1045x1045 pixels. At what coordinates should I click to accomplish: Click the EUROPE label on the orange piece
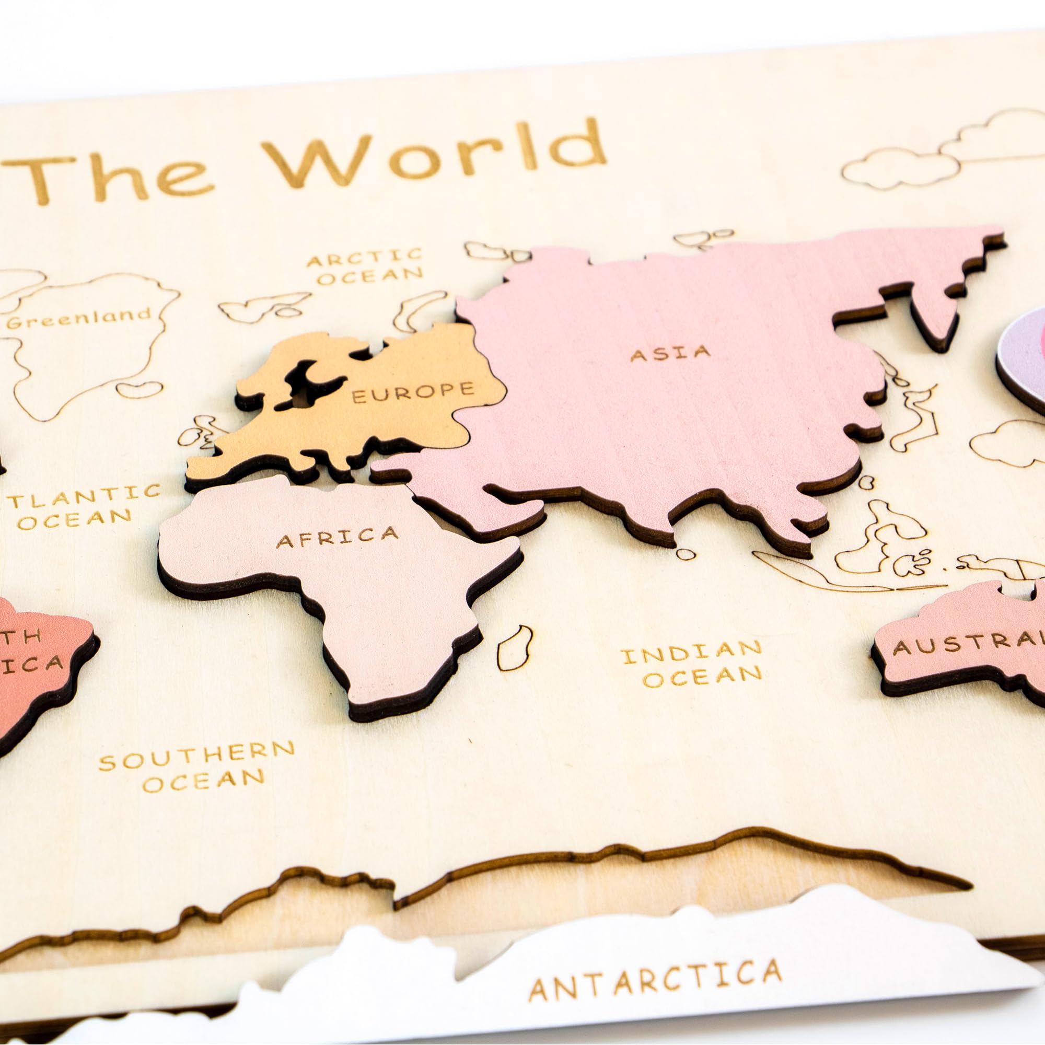[413, 391]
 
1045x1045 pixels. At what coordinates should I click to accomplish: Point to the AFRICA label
[337, 537]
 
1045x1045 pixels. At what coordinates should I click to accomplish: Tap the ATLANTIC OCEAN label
[81, 506]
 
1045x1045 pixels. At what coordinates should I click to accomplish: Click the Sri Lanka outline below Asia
[686, 554]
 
